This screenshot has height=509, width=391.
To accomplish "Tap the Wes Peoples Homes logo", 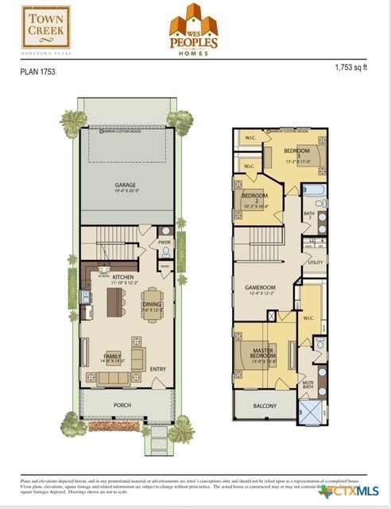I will coord(194,29).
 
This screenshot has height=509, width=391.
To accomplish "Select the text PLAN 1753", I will coord(37,71).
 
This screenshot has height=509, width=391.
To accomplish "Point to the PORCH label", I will coord(122,405).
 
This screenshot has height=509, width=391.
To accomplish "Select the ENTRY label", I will coord(158,368).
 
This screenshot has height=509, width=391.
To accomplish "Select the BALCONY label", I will coord(265,406).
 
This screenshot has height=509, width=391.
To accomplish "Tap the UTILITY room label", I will coord(316,262).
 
